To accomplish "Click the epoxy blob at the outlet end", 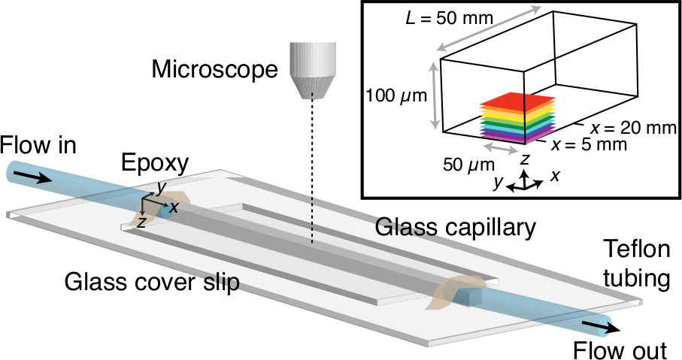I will (451, 293).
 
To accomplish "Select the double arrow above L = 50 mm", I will (487, 29).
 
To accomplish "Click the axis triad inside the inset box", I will (527, 179).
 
